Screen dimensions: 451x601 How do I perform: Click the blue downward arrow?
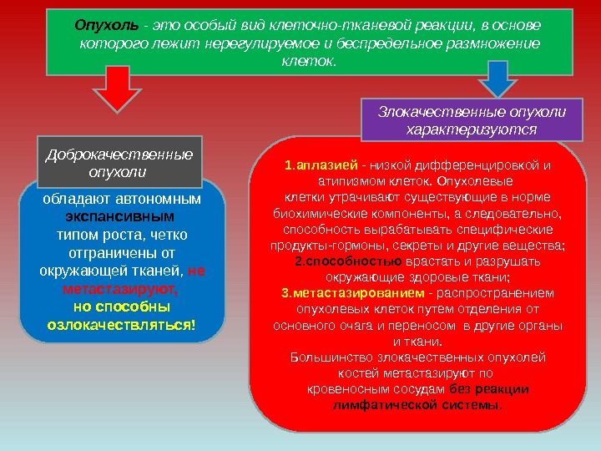coord(498,84)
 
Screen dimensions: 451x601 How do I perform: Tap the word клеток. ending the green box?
coord(308,62)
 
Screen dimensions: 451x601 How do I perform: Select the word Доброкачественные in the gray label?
coord(119,155)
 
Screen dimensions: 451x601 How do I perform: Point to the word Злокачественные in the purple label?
coord(430,111)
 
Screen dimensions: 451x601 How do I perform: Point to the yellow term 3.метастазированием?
coord(352,293)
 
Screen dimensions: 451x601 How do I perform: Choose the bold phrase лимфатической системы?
coord(417,405)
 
